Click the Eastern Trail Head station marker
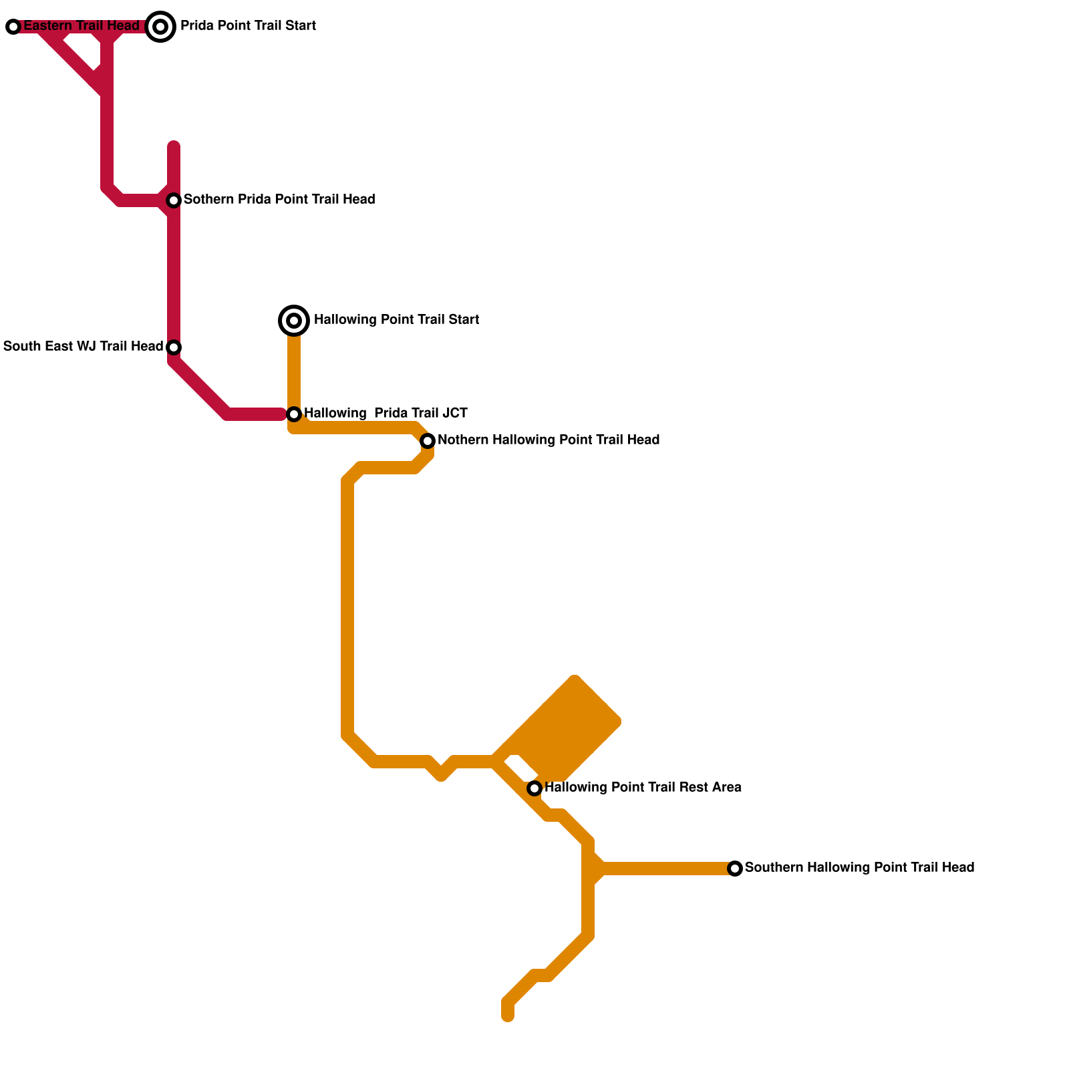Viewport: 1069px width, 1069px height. tap(13, 27)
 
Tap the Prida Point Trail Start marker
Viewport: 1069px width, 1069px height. tap(160, 27)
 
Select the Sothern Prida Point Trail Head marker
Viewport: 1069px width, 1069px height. tap(174, 200)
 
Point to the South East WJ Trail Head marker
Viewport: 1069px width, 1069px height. tap(174, 347)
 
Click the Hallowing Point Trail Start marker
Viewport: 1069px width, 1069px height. tap(294, 321)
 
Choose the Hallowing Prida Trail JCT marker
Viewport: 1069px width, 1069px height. tap(294, 414)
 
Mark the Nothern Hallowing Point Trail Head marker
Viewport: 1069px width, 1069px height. tap(428, 441)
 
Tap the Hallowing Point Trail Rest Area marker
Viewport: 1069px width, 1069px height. tap(534, 788)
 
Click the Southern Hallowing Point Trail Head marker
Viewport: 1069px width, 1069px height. tap(735, 869)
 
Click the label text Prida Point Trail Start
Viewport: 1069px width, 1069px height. tap(248, 26)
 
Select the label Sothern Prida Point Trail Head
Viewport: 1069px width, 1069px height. tap(279, 200)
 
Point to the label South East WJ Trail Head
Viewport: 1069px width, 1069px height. tap(83, 347)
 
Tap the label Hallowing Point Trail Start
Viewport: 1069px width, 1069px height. tap(396, 320)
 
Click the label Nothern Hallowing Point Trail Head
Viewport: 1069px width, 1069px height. tap(549, 440)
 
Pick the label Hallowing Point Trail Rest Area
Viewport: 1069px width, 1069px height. tap(643, 788)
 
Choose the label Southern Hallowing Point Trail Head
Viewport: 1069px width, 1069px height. tap(859, 868)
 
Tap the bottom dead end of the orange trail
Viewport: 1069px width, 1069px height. tap(508, 1016)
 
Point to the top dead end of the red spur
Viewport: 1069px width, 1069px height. tap(174, 146)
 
